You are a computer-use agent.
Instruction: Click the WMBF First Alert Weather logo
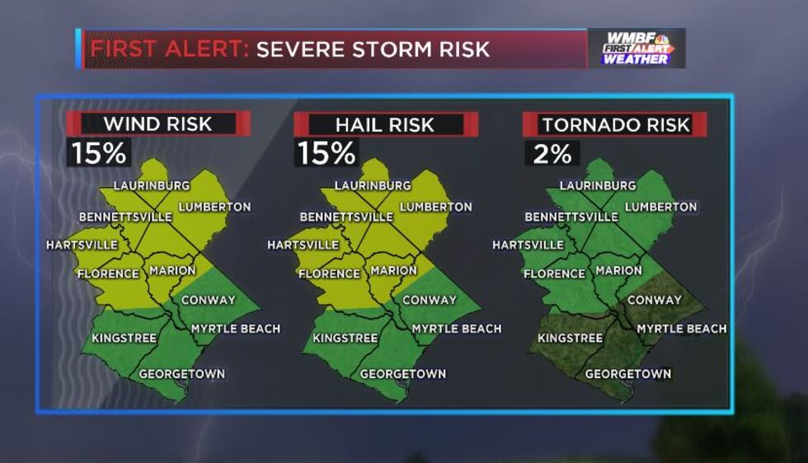[637, 49]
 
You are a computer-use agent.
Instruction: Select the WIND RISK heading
[157, 124]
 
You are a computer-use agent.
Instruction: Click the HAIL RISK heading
[384, 124]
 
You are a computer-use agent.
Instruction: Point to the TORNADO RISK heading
[615, 124]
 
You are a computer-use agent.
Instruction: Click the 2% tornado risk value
[552, 153]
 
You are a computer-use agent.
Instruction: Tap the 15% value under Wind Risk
[98, 153]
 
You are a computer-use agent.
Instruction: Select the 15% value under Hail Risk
[326, 153]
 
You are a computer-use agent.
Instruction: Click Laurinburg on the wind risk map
[152, 185]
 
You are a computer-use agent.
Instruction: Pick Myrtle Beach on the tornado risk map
[682, 329]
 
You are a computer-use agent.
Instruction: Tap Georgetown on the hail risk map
[403, 374]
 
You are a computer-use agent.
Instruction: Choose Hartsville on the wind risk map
[80, 245]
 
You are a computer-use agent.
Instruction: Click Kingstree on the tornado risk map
[570, 338]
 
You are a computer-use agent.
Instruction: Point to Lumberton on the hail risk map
[435, 207]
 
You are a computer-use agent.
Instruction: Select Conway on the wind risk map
[208, 300]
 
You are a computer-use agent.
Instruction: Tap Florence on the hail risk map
[329, 274]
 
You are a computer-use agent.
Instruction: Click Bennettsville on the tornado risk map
[571, 217]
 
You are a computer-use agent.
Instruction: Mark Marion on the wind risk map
[172, 270]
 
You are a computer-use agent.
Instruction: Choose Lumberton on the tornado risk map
[660, 207]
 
